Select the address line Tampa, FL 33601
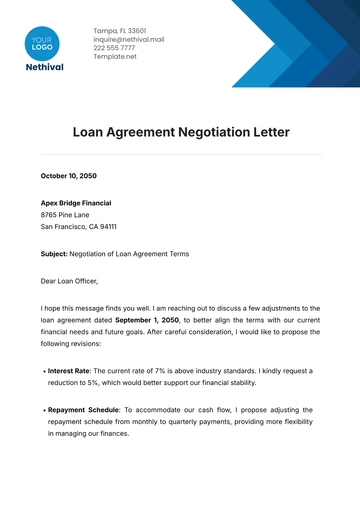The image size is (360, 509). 118,31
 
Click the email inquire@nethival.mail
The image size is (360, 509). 128,40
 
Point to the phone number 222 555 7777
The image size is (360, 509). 115,48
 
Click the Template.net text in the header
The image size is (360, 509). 115,57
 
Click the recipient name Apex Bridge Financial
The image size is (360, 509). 77,201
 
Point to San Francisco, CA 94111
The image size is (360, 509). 83,227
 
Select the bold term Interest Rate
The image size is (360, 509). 68,371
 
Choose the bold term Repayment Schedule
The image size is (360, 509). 84,410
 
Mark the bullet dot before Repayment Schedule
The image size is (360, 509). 44,411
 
